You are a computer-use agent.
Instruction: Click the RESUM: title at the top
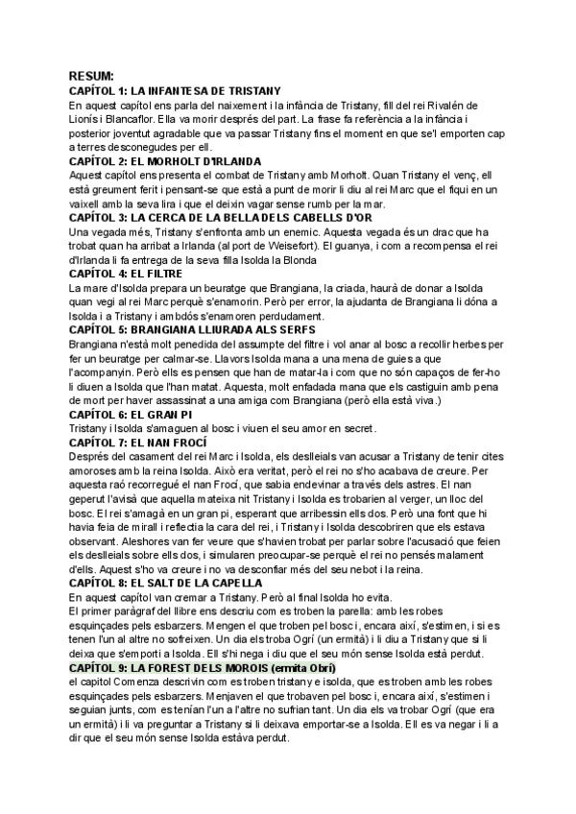click(91, 75)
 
